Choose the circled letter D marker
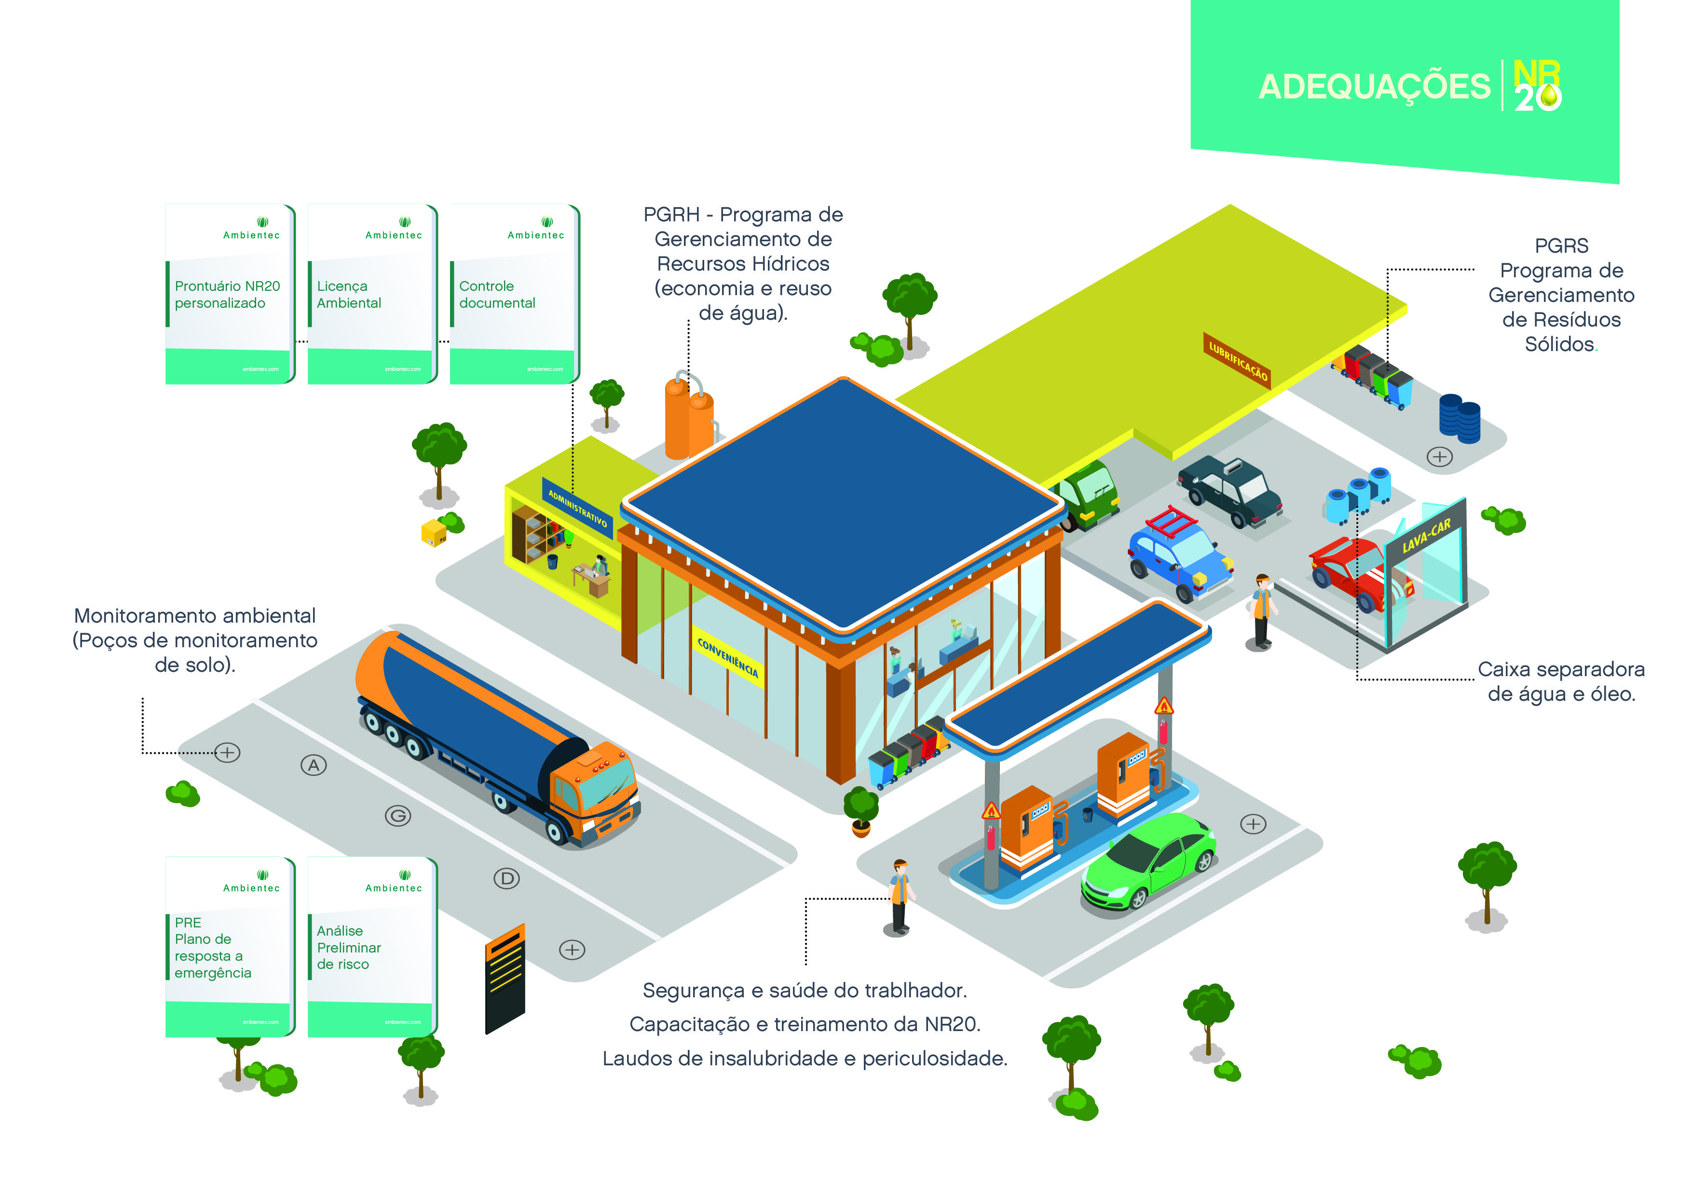506,878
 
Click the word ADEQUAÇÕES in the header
1374,87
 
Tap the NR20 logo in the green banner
1537,87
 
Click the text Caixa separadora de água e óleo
1561,681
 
